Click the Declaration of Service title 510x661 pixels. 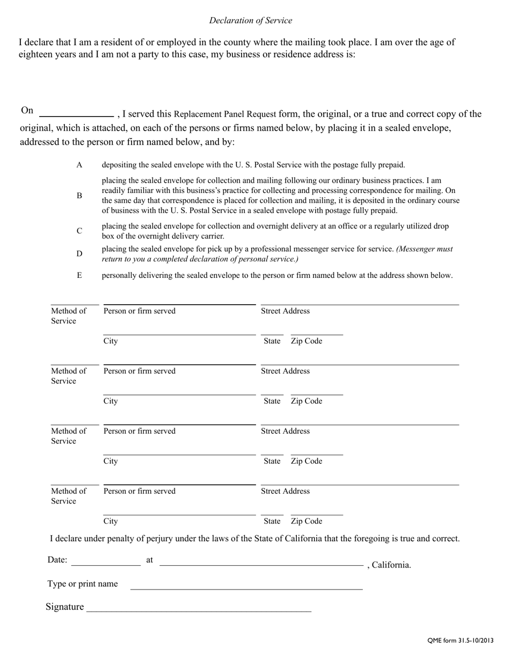[251, 20]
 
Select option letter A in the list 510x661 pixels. [79, 165]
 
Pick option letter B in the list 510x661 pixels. [79, 196]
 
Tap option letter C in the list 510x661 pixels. [79, 231]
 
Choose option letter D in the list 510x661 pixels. [79, 254]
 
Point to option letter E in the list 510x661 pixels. [79, 275]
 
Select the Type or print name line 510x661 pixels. [246, 586]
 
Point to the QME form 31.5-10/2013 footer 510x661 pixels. [460, 640]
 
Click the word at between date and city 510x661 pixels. [150, 560]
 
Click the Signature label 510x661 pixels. [65, 607]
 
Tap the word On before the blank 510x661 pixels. [27, 110]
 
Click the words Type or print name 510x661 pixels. [83, 584]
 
